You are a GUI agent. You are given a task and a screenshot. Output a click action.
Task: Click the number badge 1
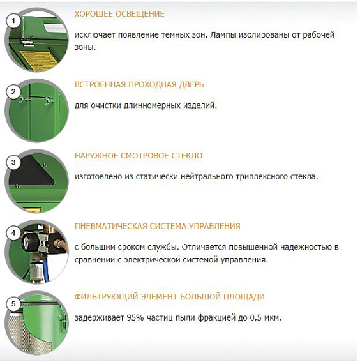12,20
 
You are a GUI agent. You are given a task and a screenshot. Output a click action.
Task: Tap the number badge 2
12,92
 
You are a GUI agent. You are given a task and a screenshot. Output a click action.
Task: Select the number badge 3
12,163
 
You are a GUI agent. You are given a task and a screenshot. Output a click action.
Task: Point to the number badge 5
12,305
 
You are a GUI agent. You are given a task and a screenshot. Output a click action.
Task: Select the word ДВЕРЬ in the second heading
190,85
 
